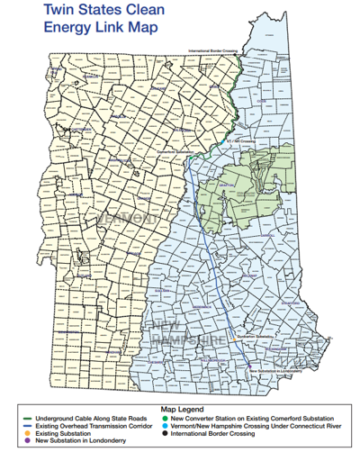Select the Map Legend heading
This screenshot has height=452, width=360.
pyautogui.click(x=179, y=407)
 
